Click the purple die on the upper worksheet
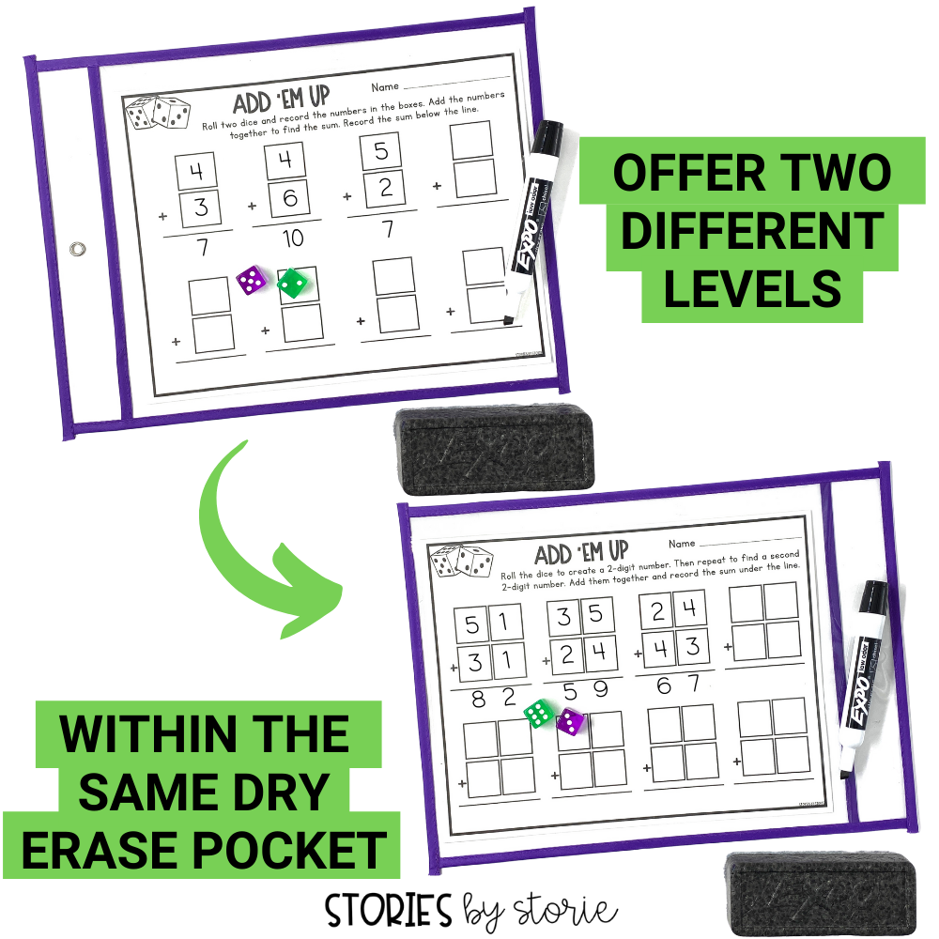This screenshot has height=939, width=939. (x=251, y=280)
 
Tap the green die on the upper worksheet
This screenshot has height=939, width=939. (x=293, y=282)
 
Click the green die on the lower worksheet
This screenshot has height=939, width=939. (x=537, y=715)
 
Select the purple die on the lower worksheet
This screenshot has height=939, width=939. (x=571, y=721)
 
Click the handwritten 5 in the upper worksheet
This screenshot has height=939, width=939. (x=379, y=150)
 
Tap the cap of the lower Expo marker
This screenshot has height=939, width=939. (x=871, y=605)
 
